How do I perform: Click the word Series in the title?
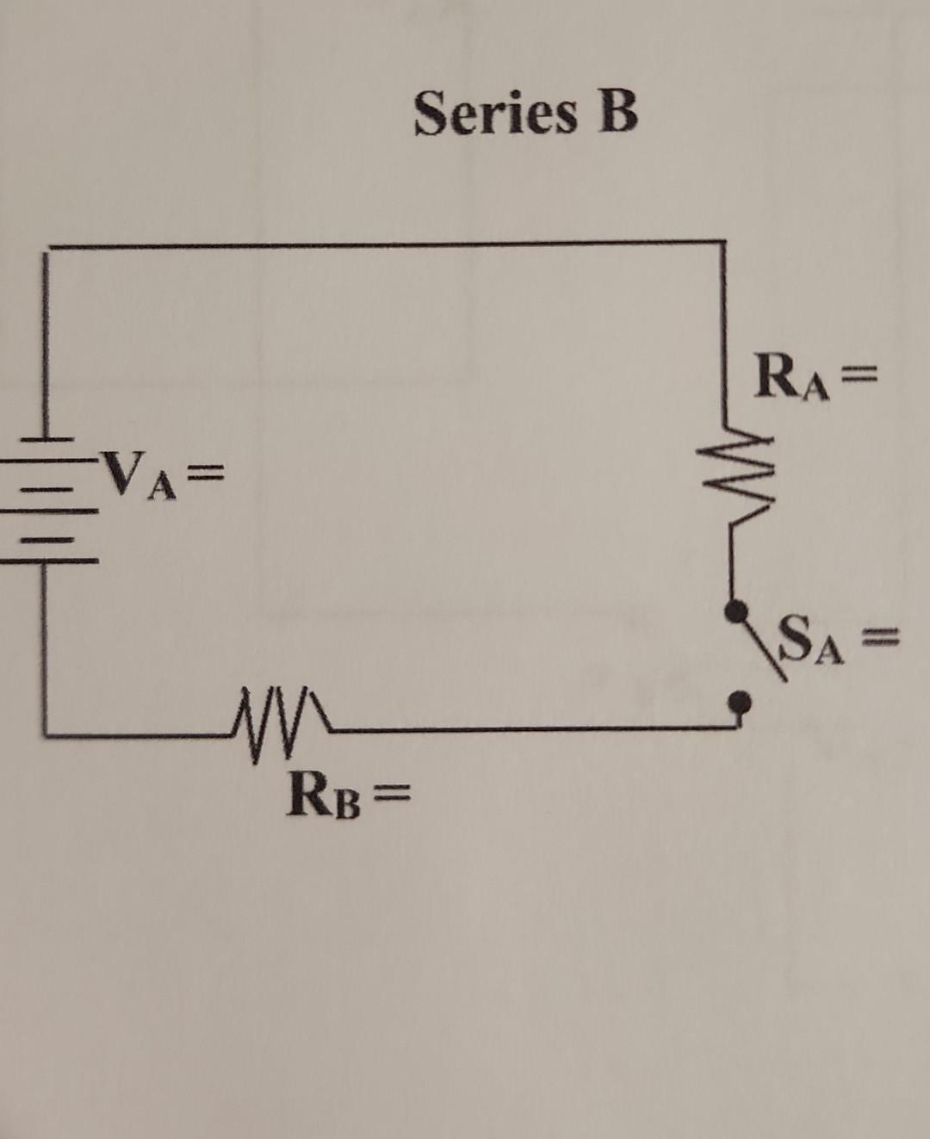click(495, 114)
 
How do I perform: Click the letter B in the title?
click(617, 112)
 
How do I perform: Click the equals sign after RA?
click(858, 375)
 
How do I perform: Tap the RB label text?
click(325, 795)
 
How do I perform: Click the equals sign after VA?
click(207, 472)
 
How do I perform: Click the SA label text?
click(810, 639)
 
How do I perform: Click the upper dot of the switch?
click(735, 611)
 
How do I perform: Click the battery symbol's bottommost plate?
click(47, 560)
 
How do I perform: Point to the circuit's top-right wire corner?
click(722, 243)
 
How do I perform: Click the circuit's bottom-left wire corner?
click(45, 734)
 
